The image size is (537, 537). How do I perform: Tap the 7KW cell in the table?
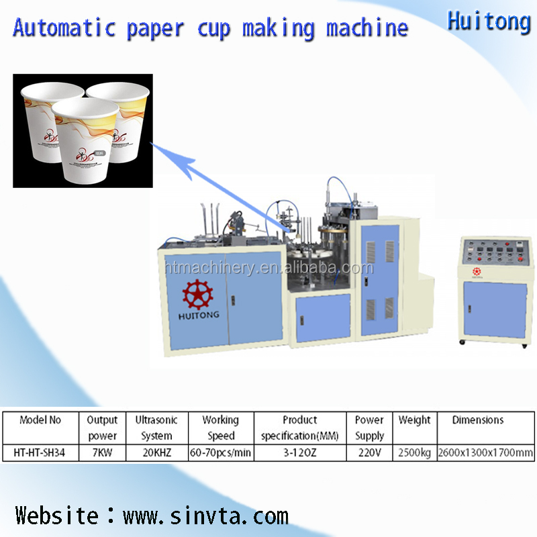[102, 453]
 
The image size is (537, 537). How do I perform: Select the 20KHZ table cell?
[156, 453]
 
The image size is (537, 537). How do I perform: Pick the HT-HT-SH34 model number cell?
[40, 453]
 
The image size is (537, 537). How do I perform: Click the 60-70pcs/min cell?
[220, 453]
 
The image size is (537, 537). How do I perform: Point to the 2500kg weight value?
[414, 453]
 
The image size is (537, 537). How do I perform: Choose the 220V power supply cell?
[369, 453]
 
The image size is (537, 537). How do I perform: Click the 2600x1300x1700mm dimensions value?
[485, 453]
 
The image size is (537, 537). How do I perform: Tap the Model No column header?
[40, 420]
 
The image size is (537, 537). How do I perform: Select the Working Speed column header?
[220, 428]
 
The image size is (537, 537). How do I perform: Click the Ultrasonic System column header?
[156, 428]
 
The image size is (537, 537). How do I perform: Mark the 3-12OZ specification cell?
[299, 453]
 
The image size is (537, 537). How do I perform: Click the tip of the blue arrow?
[165, 153]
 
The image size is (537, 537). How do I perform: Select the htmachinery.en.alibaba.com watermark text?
[268, 268]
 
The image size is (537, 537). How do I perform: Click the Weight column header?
[414, 420]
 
